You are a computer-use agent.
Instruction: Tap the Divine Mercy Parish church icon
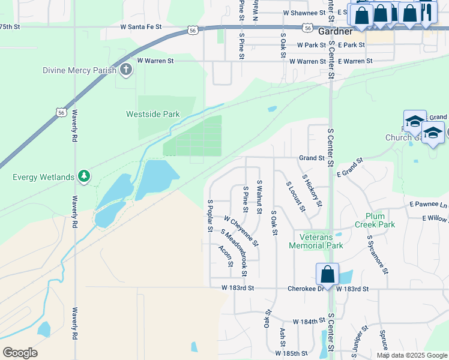[x=126, y=70]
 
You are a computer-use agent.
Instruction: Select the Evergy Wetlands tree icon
[x=85, y=176]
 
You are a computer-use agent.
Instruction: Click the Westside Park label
[x=152, y=114]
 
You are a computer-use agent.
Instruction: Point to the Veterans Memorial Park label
[x=316, y=241]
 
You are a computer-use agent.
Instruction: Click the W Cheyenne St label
[x=241, y=232]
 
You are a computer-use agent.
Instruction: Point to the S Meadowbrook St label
[x=234, y=253]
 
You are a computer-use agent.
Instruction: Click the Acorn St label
[x=226, y=257]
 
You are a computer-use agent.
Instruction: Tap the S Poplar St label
[x=209, y=216]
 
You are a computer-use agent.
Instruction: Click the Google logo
[x=19, y=353]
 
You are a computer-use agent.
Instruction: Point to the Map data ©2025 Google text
[x=411, y=355]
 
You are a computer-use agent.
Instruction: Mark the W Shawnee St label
[x=304, y=12]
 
